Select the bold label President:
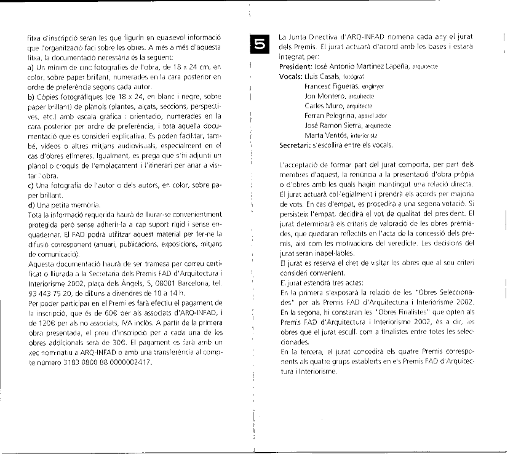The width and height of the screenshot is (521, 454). coord(298,65)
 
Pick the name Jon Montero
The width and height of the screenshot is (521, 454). coord(325,96)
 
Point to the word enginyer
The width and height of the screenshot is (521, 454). coord(373,87)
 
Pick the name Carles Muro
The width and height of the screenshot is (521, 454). coord(324,106)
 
